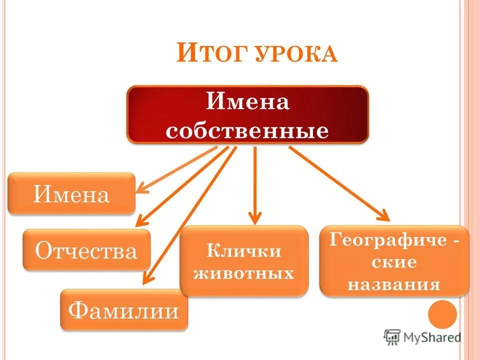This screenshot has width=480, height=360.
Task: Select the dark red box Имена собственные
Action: click(x=247, y=115)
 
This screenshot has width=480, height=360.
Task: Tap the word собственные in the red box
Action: click(x=247, y=131)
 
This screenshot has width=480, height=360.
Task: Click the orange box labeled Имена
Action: click(x=71, y=194)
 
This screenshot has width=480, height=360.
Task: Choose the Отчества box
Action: click(x=86, y=250)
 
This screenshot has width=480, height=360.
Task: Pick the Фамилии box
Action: click(x=123, y=310)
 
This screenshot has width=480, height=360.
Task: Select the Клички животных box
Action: click(x=244, y=261)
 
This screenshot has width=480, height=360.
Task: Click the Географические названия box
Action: click(x=394, y=261)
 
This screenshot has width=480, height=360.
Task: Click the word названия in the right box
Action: click(x=394, y=284)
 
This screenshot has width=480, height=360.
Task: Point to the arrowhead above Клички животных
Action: click(x=255, y=218)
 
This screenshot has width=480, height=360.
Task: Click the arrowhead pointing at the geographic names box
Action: click(x=384, y=216)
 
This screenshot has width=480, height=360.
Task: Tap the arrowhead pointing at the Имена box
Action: click(x=142, y=189)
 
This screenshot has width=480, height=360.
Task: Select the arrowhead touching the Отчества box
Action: click(x=142, y=220)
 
